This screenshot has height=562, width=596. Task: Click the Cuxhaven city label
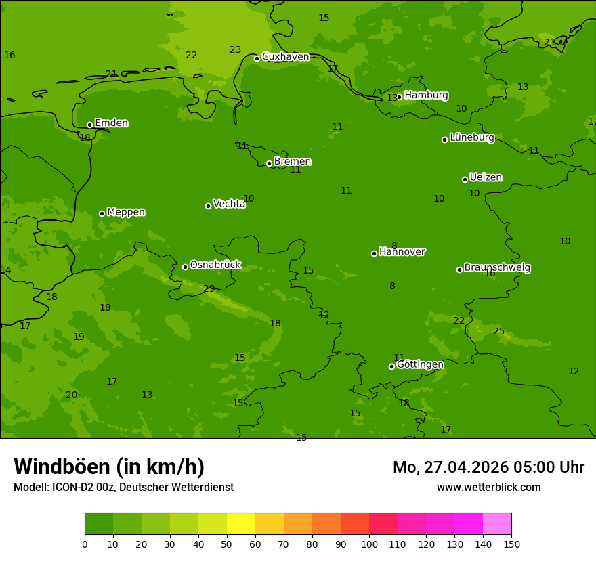pyautogui.click(x=285, y=57)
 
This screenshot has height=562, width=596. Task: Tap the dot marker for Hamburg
pyautogui.click(x=399, y=97)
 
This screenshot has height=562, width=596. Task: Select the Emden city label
pyautogui.click(x=111, y=123)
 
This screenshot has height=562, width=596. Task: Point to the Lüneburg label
pyautogui.click(x=471, y=137)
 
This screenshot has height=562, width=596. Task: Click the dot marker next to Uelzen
pyautogui.click(x=465, y=179)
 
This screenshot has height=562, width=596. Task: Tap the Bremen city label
pyautogui.click(x=292, y=162)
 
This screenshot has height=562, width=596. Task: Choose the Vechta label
pyautogui.click(x=229, y=204)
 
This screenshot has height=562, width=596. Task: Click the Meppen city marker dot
pyautogui.click(x=102, y=213)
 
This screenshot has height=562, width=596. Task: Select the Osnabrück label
pyautogui.click(x=215, y=265)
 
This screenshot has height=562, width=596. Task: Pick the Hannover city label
pyautogui.click(x=402, y=252)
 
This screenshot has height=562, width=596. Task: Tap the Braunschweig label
pyautogui.click(x=497, y=268)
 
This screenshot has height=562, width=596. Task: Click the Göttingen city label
pyautogui.click(x=420, y=364)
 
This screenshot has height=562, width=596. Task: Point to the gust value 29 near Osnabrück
pyautogui.click(x=209, y=289)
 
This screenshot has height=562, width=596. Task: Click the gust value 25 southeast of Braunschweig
pyautogui.click(x=498, y=331)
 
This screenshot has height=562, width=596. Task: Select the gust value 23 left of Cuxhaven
pyautogui.click(x=235, y=49)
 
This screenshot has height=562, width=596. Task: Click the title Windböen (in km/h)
pyautogui.click(x=109, y=467)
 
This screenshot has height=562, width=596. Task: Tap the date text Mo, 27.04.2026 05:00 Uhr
pyautogui.click(x=488, y=467)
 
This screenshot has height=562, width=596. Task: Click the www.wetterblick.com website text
pyautogui.click(x=488, y=488)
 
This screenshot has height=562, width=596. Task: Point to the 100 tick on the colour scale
pyautogui.click(x=369, y=544)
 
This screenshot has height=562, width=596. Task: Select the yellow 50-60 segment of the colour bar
pyautogui.click(x=241, y=524)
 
